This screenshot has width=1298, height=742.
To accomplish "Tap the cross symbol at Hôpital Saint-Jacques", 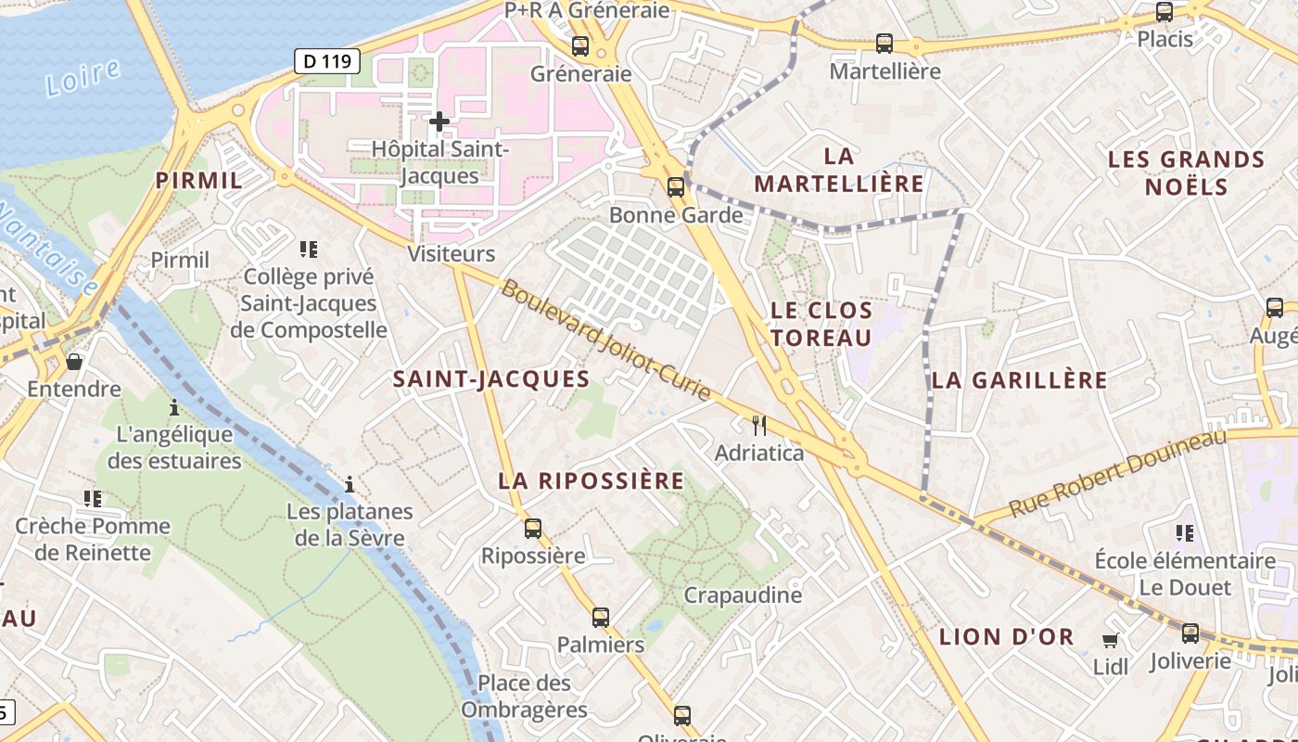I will pyautogui.click(x=439, y=122).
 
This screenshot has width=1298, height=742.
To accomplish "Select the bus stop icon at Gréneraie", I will pyautogui.click(x=580, y=45).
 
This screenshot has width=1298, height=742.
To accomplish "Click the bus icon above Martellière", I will pyautogui.click(x=884, y=43).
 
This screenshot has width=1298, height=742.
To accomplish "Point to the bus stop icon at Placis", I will pyautogui.click(x=1164, y=12).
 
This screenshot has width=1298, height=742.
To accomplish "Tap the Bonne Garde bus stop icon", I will pyautogui.click(x=676, y=186).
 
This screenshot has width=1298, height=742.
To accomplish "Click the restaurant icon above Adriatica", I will pyautogui.click(x=759, y=426).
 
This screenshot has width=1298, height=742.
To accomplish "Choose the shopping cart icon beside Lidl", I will pyautogui.click(x=1110, y=640).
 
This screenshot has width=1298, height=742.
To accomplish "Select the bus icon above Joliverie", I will pyautogui.click(x=1190, y=633).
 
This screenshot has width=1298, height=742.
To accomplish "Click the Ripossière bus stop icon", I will pyautogui.click(x=533, y=528).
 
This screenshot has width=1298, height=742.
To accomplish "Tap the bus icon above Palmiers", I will pyautogui.click(x=601, y=617).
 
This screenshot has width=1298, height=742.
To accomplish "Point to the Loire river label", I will pyautogui.click(x=83, y=77).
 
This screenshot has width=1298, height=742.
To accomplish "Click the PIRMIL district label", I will pyautogui.click(x=199, y=180).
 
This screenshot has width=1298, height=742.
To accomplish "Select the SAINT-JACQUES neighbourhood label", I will pyautogui.click(x=491, y=378).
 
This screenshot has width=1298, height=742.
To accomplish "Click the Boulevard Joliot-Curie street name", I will pyautogui.click(x=607, y=341).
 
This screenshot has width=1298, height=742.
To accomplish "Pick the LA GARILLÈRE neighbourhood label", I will pyautogui.click(x=1020, y=379).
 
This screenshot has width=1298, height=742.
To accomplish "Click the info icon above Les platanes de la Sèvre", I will pyautogui.click(x=350, y=484).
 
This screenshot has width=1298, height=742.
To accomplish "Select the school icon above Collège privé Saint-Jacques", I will pyautogui.click(x=309, y=249).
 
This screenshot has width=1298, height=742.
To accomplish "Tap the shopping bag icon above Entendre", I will pyautogui.click(x=74, y=361).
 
